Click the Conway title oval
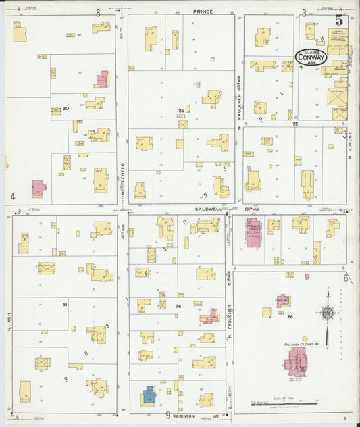pyautogui.click(x=311, y=57)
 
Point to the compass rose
pyautogui.click(x=328, y=313)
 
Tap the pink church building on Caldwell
pyautogui.click(x=254, y=232)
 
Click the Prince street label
pyautogui.click(x=201, y=11)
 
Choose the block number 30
pyautogui.click(x=66, y=109)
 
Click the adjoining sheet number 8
pyautogui.click(x=98, y=12)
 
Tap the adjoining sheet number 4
pyautogui.click(x=12, y=197)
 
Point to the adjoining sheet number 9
pyautogui.click(x=167, y=414)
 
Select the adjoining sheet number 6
pyautogui.click(x=344, y=278)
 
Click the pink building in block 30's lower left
pyautogui.click(x=38, y=187)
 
